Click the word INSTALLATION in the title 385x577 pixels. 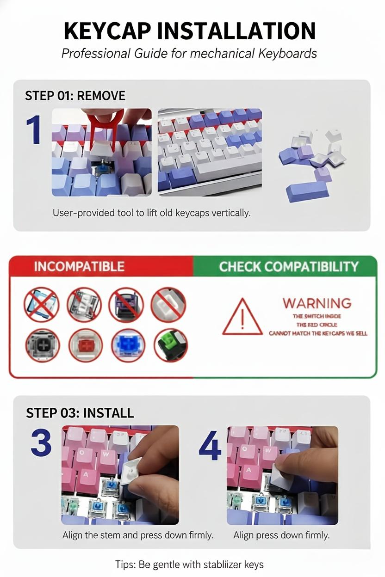[x=236, y=31]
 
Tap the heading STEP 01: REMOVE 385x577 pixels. [x=75, y=96]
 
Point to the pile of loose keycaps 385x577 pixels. [x=310, y=164]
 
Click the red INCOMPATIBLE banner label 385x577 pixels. [x=79, y=267]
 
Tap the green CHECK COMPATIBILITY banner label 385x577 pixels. [x=288, y=267]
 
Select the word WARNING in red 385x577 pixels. [x=317, y=303]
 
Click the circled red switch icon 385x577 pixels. [x=86, y=345]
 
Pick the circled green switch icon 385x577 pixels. [x=170, y=345]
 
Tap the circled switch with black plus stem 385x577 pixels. [x=41, y=345]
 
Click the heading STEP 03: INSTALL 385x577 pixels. [x=80, y=412]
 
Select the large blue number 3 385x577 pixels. [x=41, y=442]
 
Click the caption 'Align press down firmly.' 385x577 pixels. [x=281, y=535]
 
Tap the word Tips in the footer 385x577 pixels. [x=125, y=565]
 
